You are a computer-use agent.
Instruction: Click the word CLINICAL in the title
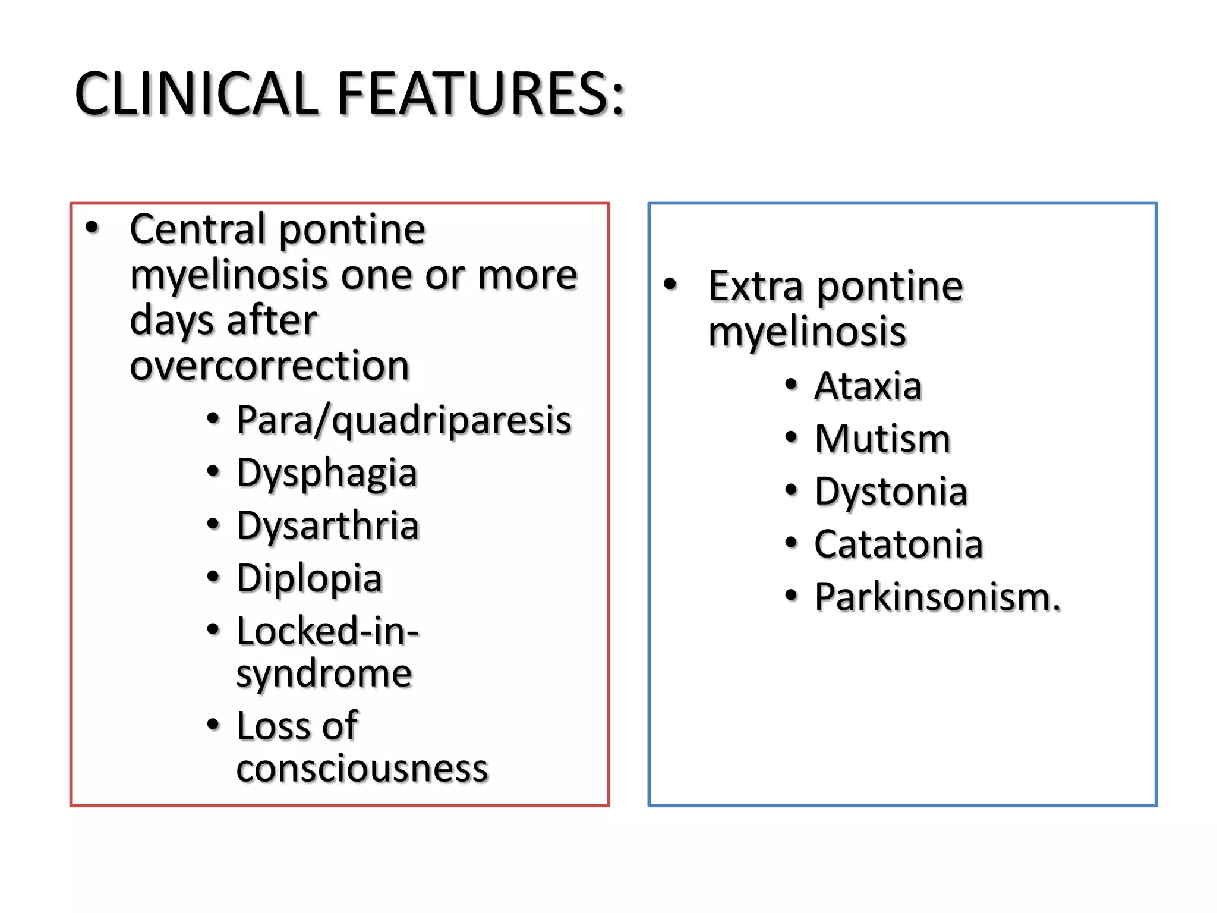tap(197, 94)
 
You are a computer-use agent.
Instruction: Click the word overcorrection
tap(270, 365)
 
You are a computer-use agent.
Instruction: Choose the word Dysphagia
tap(327, 474)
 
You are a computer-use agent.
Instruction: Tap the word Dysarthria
tap(327, 526)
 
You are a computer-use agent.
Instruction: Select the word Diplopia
tap(309, 579)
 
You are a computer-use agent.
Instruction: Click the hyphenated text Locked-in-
tap(327, 631)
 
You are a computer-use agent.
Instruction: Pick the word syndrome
tap(324, 675)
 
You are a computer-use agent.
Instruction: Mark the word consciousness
tap(362, 769)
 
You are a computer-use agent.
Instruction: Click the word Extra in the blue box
tap(755, 287)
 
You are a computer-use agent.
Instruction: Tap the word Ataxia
tap(868, 386)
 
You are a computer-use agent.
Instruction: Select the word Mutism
tap(882, 439)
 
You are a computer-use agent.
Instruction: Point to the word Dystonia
tap(891, 492)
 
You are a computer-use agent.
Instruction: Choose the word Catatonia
tap(898, 544)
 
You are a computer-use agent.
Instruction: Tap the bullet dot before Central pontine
tap(92, 227)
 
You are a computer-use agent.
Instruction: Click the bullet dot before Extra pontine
tap(670, 284)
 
